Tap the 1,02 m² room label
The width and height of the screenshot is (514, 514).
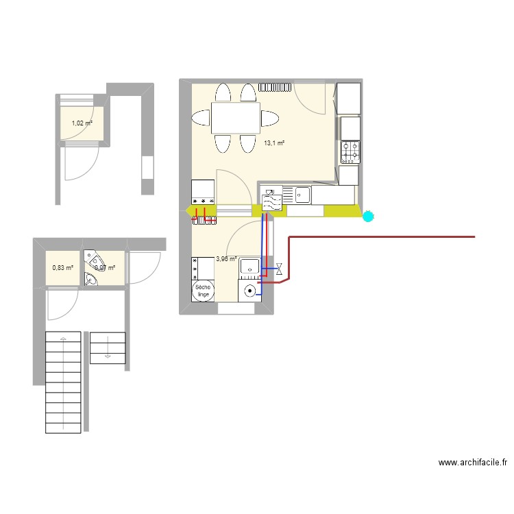(82, 124)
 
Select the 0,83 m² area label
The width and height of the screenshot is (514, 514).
(62, 268)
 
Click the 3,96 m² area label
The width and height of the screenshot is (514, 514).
(226, 259)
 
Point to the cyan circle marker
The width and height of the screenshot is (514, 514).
(369, 217)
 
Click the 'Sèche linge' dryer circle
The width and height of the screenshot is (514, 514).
(203, 291)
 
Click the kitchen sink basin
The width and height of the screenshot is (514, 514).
(302, 196)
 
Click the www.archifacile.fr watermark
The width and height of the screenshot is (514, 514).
(473, 463)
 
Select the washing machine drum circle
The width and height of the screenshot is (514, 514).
(251, 291)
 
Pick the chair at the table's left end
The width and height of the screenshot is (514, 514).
(201, 117)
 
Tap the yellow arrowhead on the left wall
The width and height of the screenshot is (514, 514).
(190, 210)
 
